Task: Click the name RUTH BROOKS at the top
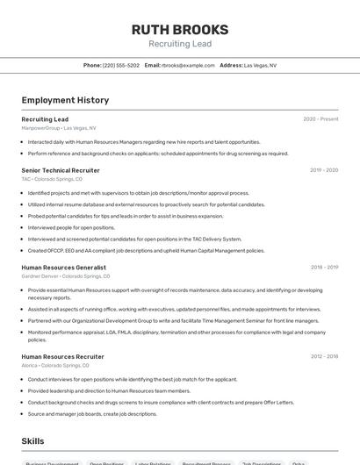(x=180, y=30)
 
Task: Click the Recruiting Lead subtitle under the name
(x=180, y=44)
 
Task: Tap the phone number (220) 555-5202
(x=120, y=65)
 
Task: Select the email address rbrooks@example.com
(x=188, y=65)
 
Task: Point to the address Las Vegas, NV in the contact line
(x=260, y=65)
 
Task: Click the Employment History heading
(x=65, y=100)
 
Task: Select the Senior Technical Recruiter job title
(x=61, y=170)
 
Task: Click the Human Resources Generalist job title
(x=63, y=267)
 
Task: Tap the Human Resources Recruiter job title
(x=62, y=357)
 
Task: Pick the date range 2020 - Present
(x=320, y=119)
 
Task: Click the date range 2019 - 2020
(x=324, y=170)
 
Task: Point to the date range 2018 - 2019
(x=324, y=267)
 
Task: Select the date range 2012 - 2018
(x=324, y=357)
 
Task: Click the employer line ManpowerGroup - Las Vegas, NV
(x=59, y=127)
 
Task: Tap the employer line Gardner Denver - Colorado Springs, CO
(x=66, y=275)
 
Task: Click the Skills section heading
(x=33, y=440)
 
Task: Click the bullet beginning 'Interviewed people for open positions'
(x=71, y=227)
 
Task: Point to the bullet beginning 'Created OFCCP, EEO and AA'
(x=146, y=250)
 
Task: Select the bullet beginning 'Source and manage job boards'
(x=92, y=414)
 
